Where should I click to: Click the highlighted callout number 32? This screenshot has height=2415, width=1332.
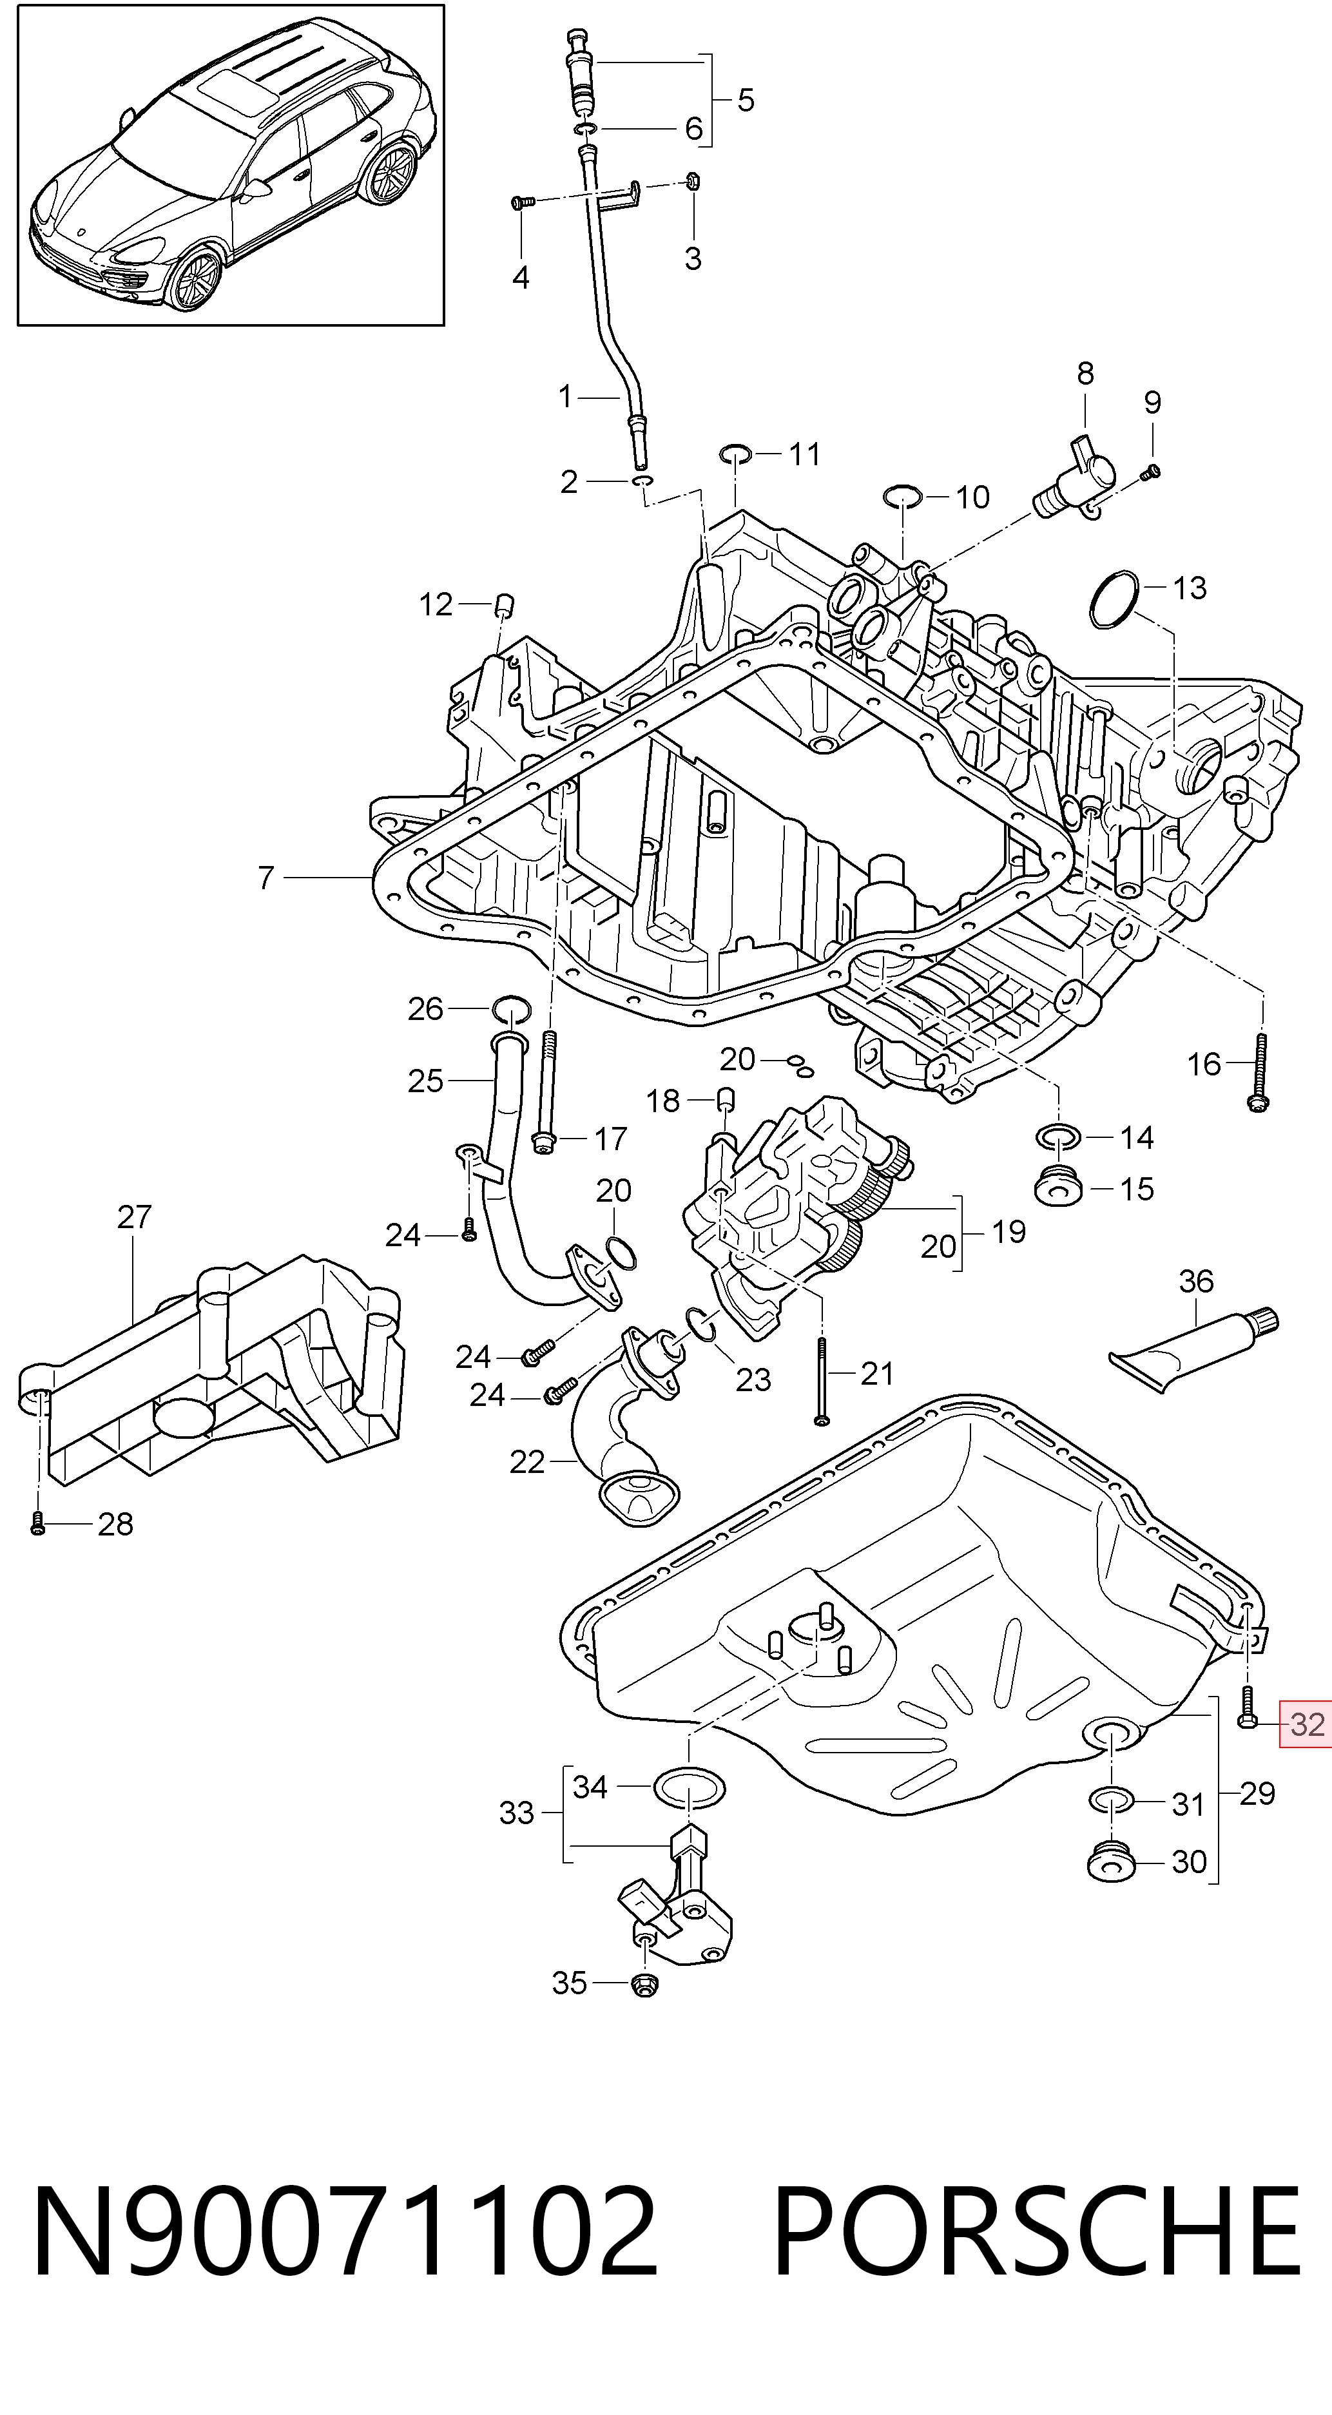point(1308,1724)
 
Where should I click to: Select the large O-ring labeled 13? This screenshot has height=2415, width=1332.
point(1115,600)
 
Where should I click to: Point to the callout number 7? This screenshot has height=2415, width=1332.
point(266,878)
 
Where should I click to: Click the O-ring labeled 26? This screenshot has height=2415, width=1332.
point(511,1009)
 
